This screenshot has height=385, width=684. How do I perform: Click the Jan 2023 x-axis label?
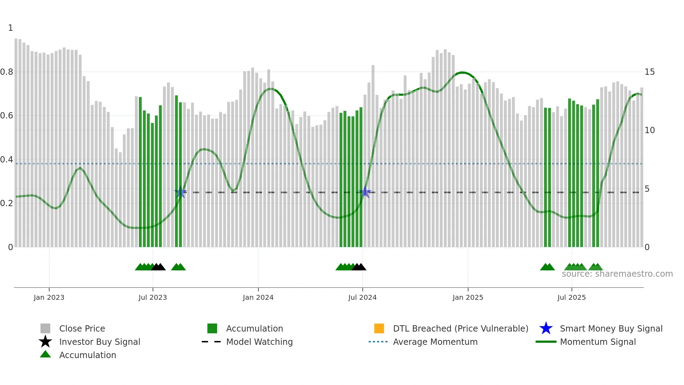[49, 297]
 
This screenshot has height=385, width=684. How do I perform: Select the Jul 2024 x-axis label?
[362, 297]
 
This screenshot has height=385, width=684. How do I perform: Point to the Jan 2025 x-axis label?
[468, 297]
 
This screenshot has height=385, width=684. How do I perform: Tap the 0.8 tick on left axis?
[7, 72]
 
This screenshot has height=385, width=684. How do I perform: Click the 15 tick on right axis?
[649, 72]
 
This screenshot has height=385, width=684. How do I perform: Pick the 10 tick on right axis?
[649, 130]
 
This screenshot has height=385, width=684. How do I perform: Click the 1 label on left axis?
[10, 28]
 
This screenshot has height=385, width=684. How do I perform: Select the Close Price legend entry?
[82, 328]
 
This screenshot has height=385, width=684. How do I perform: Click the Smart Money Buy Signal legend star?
[546, 328]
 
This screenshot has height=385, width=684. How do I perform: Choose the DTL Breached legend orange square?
[379, 328]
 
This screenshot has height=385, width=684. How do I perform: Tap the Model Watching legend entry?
[259, 342]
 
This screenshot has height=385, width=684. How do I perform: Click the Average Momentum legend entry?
[435, 342]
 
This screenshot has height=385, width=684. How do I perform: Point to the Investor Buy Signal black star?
[45, 342]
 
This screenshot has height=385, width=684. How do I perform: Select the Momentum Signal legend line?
[546, 342]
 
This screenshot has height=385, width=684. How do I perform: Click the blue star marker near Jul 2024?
[365, 192]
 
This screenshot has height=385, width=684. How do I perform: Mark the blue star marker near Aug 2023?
[180, 192]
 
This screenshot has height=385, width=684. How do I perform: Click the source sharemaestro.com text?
[617, 274]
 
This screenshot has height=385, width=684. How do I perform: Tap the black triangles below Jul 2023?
[158, 267]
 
